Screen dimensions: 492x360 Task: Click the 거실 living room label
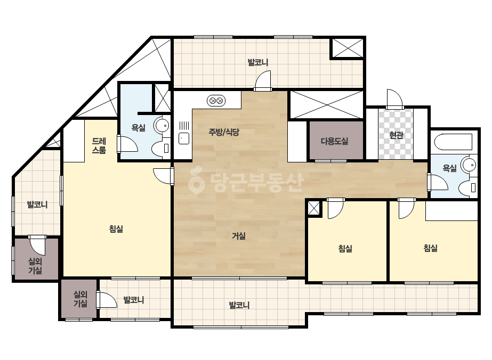[x=238, y=236]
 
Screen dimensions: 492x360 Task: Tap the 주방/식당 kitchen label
[x=224, y=132]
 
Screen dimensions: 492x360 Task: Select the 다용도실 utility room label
[x=334, y=141]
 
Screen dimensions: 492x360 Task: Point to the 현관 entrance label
[x=396, y=135]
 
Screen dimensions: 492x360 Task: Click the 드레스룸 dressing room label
[x=99, y=146]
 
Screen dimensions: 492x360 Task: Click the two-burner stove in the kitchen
[x=216, y=101]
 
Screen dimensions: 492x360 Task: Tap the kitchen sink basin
[x=184, y=138]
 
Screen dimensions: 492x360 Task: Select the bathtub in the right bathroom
[x=453, y=142]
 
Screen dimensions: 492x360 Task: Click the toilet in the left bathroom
[x=160, y=149]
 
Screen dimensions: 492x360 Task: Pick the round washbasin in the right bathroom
[x=469, y=165]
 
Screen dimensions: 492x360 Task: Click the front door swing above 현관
[x=395, y=99]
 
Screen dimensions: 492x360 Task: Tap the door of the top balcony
[x=263, y=80]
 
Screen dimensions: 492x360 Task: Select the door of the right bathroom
[x=438, y=182]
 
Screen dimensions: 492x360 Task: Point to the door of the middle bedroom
[x=336, y=208]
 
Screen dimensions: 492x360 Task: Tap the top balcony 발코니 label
[x=258, y=62]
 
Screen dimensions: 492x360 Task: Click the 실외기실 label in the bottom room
[x=80, y=299]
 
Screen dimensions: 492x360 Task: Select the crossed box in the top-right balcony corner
[x=348, y=48]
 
